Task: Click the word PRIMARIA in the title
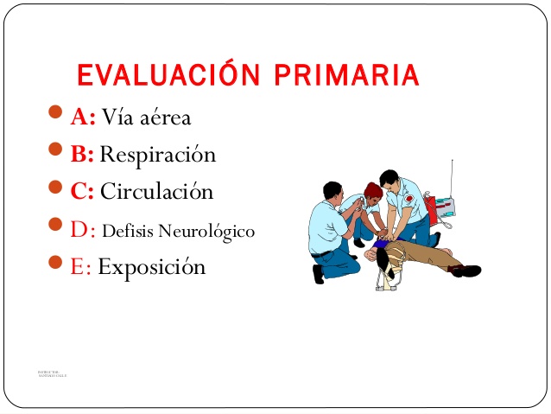[x=347, y=75]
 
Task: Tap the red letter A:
[x=83, y=117]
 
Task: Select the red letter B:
[x=83, y=155]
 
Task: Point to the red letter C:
[x=83, y=191]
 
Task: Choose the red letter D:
[x=83, y=230]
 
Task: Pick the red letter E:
[x=81, y=266]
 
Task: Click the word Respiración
[x=158, y=156]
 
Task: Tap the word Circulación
[x=156, y=191]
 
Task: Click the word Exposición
[x=152, y=267]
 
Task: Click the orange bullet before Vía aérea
[x=57, y=114]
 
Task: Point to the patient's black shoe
[x=465, y=271]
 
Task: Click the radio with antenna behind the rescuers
[x=443, y=206]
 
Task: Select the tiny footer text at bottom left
[x=52, y=374]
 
